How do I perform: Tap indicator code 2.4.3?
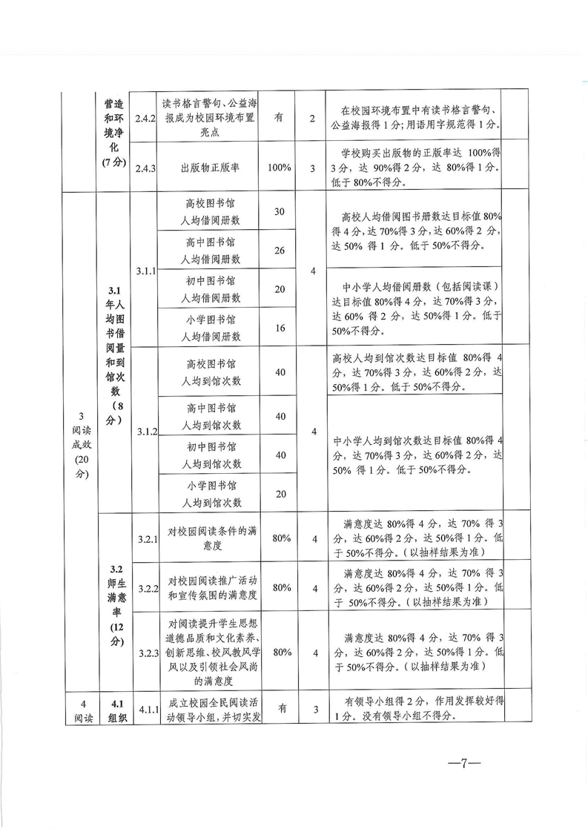point(145,168)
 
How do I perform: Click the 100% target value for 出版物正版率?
point(280,168)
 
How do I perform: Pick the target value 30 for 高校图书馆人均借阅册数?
point(280,212)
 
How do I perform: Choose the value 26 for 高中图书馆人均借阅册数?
point(280,251)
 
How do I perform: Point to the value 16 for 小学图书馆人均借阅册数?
point(280,328)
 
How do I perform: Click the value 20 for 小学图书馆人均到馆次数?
point(280,494)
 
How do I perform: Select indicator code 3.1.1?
point(146,271)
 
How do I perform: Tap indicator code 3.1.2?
point(146,432)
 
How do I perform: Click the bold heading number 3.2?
point(115,569)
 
